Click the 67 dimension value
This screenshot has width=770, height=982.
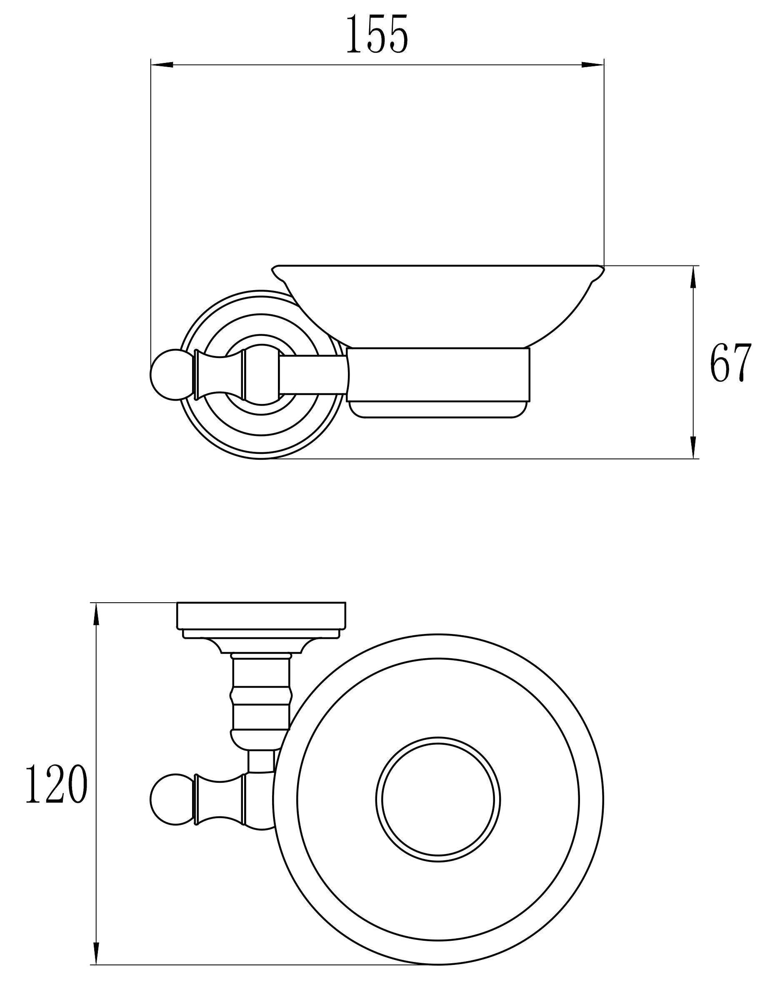tap(731, 363)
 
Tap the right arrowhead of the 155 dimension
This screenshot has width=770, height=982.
tap(592, 65)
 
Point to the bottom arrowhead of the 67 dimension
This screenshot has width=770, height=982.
tap(693, 448)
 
